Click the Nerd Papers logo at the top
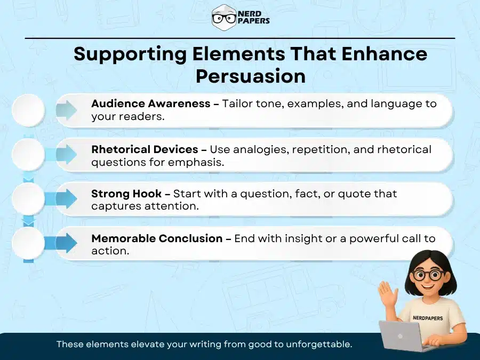(x=240, y=18)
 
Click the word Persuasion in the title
(x=251, y=76)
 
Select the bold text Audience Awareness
(x=151, y=103)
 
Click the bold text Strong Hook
(x=126, y=193)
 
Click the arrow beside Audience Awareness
(x=66, y=110)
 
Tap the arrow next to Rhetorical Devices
(x=66, y=155)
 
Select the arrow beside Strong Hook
(x=66, y=199)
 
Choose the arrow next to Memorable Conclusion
(x=66, y=244)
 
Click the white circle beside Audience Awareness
(x=28, y=110)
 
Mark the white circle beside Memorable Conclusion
(x=28, y=244)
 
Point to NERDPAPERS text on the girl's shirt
(x=427, y=318)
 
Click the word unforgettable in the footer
(x=320, y=345)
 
